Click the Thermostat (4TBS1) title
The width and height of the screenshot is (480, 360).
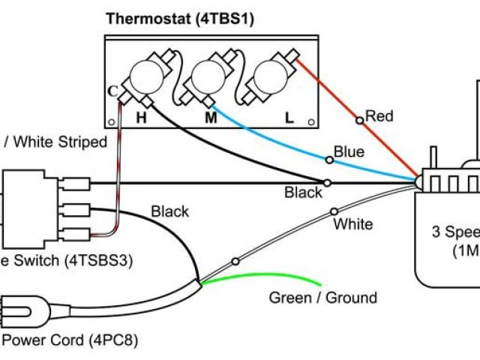[179, 18]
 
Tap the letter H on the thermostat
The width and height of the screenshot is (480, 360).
[141, 117]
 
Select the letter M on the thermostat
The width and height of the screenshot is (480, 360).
[211, 117]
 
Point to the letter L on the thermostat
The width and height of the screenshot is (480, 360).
[289, 118]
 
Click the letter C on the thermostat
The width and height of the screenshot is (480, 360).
[112, 91]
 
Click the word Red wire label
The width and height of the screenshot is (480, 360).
[379, 116]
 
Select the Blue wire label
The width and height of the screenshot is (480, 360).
[349, 152]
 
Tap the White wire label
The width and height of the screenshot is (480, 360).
[352, 223]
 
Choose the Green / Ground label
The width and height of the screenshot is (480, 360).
[323, 298]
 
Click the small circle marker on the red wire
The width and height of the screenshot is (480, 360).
[360, 119]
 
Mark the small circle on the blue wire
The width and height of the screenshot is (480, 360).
[328, 159]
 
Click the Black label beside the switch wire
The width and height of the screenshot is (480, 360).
[170, 211]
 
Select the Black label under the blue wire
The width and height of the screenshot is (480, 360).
[303, 193]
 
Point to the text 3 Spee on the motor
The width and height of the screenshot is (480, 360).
[454, 231]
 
